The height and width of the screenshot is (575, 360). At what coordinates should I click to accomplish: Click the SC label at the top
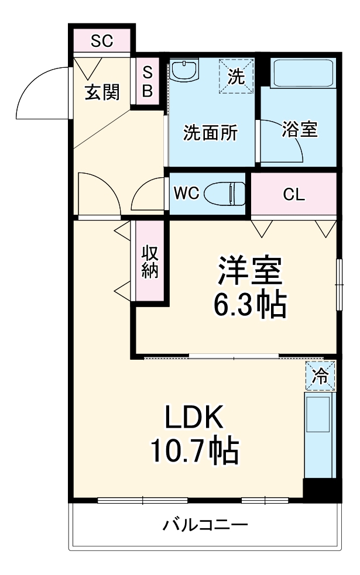[102, 41]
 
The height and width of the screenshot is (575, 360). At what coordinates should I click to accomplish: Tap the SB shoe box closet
[148, 81]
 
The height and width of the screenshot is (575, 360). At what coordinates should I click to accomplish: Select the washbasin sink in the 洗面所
[187, 71]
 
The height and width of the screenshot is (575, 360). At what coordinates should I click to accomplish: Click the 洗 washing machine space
[236, 76]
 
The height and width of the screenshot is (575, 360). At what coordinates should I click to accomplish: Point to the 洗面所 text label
[211, 133]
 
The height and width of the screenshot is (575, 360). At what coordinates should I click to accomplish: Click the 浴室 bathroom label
[299, 130]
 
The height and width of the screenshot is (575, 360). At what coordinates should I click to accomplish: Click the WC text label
[187, 194]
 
